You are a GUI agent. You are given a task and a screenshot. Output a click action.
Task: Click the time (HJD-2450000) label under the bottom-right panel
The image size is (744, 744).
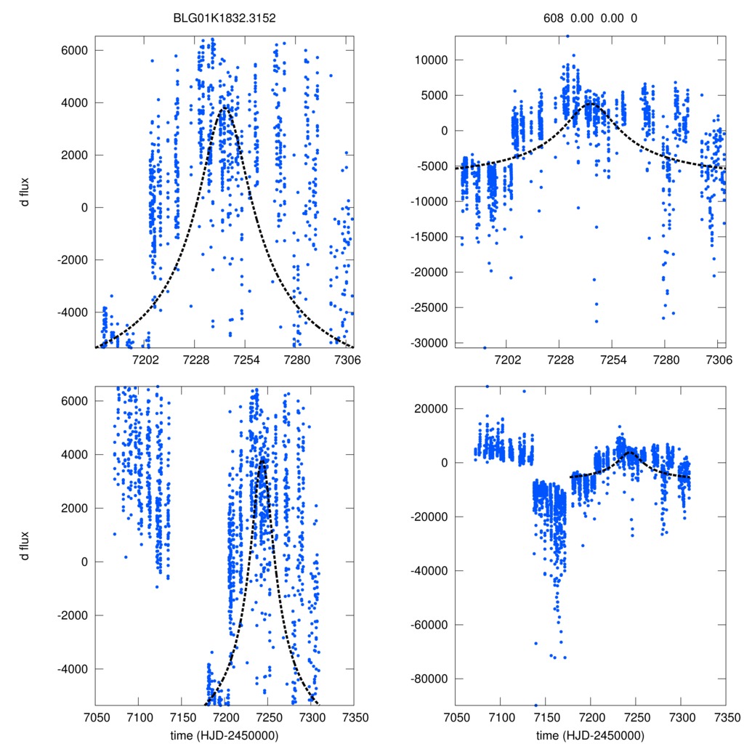pyautogui.click(x=590, y=735)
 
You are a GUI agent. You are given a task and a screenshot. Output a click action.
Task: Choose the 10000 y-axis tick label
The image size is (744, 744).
pyautogui.click(x=434, y=60)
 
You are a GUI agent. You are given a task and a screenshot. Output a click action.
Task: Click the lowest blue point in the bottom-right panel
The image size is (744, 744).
pyautogui.click(x=536, y=705)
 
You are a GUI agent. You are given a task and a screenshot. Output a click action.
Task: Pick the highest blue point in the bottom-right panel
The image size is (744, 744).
pyautogui.click(x=488, y=387)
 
